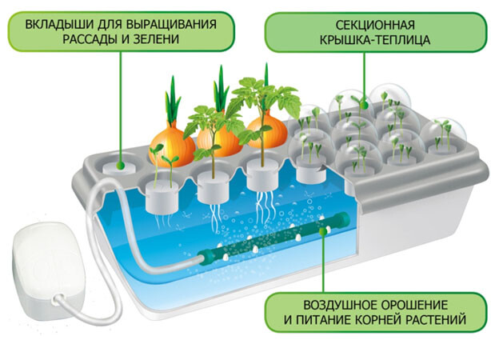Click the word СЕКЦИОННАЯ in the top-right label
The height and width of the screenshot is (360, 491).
point(349,22)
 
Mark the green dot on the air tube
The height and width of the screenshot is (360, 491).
point(324,232)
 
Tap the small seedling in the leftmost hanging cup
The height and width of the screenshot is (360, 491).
point(164,164)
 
